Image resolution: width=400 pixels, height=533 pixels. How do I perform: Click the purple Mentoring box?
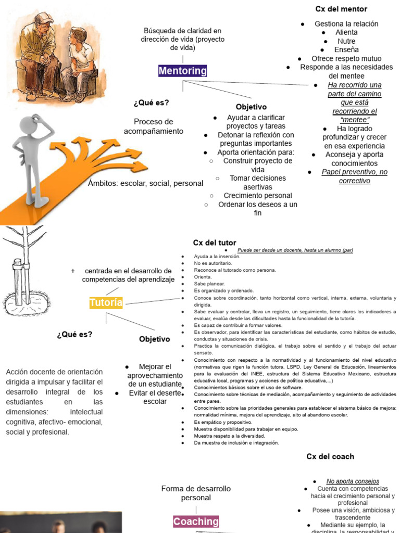tap(182, 71)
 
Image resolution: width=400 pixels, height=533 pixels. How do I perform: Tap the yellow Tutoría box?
tap(106, 302)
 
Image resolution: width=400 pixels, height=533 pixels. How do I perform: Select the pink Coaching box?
tap(196, 521)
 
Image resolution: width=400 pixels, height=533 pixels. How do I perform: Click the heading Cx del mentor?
tap(341, 9)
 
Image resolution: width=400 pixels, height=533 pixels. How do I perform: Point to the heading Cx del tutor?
tap(215, 243)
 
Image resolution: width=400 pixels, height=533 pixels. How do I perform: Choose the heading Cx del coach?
tap(330, 456)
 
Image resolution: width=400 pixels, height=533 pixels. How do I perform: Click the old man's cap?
tap(44, 18)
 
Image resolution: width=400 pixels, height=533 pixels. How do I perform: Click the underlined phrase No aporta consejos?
tap(353, 481)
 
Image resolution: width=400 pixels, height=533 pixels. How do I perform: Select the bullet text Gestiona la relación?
tap(346, 24)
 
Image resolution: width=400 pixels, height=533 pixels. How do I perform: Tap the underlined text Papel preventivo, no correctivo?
tap(354, 176)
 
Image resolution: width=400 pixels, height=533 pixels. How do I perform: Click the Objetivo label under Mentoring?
tap(251, 107)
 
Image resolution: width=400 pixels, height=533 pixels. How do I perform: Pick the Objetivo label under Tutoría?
tap(154, 339)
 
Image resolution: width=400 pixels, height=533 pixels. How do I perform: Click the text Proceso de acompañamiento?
tap(154, 126)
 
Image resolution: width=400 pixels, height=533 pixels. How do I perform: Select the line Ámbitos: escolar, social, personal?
tap(146, 183)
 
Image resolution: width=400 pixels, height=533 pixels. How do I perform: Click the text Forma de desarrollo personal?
tap(196, 493)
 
